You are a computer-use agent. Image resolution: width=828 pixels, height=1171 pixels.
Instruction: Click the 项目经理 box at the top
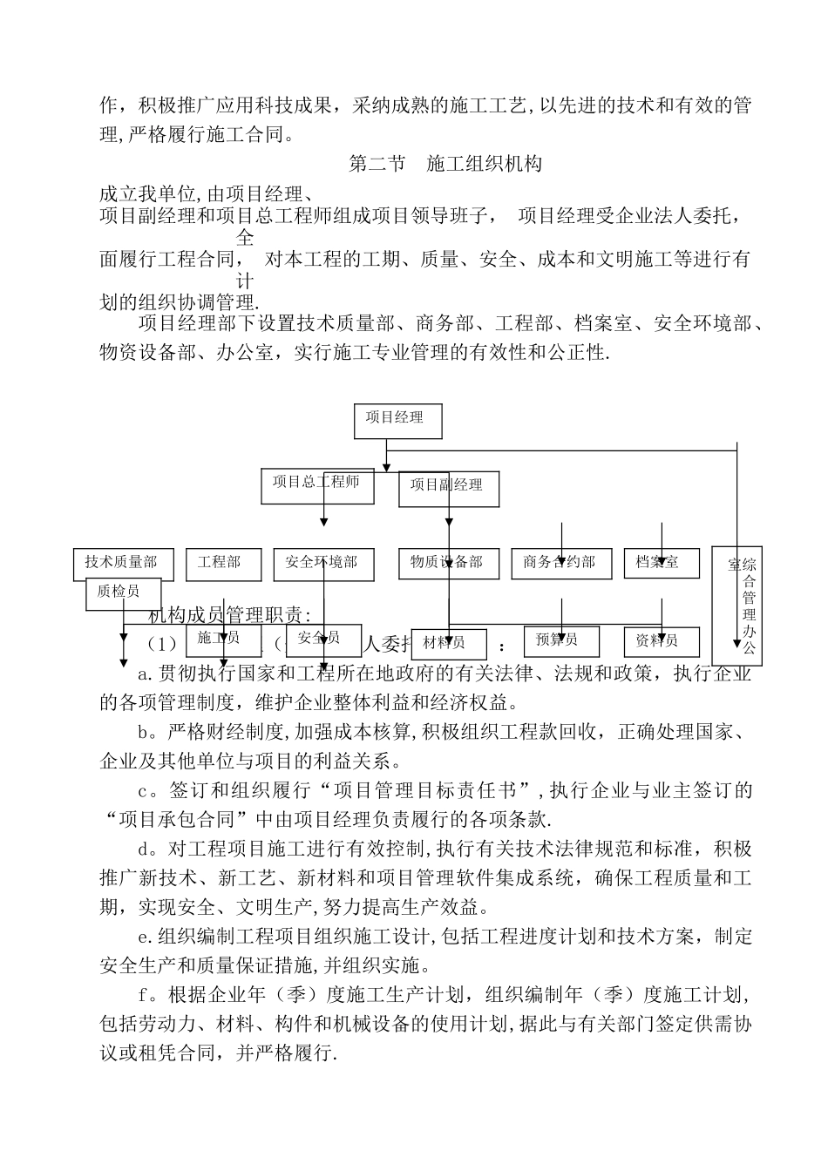tap(397, 421)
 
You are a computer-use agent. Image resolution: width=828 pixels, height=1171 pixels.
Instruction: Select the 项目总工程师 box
tap(317, 485)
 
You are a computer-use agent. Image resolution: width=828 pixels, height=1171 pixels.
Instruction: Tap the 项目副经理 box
tap(449, 489)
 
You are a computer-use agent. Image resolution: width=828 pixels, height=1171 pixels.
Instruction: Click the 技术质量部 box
tap(123, 564)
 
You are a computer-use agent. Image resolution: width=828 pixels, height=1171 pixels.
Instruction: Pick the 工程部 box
tap(223, 564)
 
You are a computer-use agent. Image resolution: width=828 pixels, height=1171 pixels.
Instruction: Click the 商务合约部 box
tap(560, 564)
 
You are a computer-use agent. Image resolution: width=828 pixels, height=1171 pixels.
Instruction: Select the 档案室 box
tap(662, 564)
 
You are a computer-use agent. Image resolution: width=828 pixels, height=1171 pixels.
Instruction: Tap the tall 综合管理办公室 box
tap(736, 606)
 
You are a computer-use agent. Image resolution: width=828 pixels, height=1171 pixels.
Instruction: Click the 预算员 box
tap(561, 641)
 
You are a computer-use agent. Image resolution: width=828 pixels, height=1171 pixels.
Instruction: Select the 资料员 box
tap(662, 642)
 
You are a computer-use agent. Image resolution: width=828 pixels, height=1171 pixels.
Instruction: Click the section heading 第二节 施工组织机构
tap(445, 164)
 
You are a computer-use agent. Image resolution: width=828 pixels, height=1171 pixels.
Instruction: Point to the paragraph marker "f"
tap(144, 995)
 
